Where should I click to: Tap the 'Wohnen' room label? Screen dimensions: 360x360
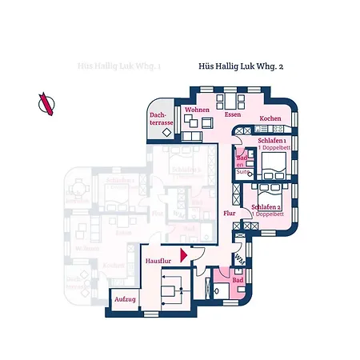pos(197,110)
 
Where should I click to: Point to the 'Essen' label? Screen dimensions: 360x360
pos(233,115)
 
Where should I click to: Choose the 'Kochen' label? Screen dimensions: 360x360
pos(270,118)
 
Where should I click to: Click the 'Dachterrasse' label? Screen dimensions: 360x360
pos(162,119)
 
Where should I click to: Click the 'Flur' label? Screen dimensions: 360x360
pos(229,214)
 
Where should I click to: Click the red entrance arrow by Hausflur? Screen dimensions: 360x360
pos(183,255)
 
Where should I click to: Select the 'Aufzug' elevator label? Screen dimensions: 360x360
pos(125,298)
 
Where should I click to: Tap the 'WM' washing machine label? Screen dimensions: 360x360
pos(238,258)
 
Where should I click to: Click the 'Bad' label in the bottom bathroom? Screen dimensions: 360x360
pos(238,282)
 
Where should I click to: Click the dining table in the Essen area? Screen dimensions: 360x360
pos(231,102)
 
